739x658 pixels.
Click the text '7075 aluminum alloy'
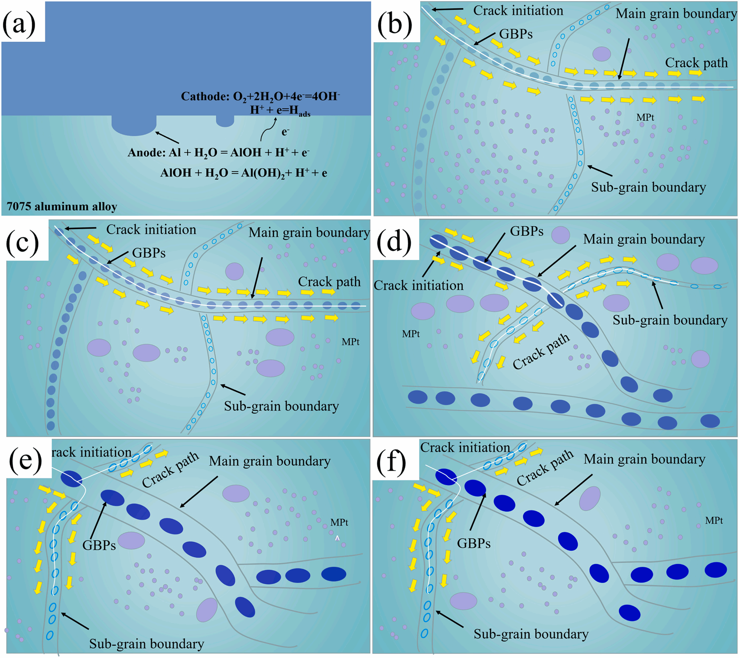(x=62, y=207)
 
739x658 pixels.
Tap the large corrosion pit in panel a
(x=134, y=126)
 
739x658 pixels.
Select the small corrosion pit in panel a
(x=225, y=121)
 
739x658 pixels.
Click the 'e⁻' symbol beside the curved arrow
(x=285, y=132)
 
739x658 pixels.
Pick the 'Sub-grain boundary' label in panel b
(x=648, y=187)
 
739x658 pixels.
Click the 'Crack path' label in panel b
(x=696, y=63)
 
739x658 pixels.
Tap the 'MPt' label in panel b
(x=645, y=118)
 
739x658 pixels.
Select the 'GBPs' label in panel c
(x=149, y=253)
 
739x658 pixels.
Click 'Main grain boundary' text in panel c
(x=309, y=232)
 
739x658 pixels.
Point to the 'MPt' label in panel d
(x=410, y=334)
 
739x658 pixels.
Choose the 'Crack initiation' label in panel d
(x=418, y=286)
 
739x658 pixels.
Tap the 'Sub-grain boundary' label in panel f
(x=531, y=634)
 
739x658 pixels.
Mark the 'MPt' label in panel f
(x=714, y=520)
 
